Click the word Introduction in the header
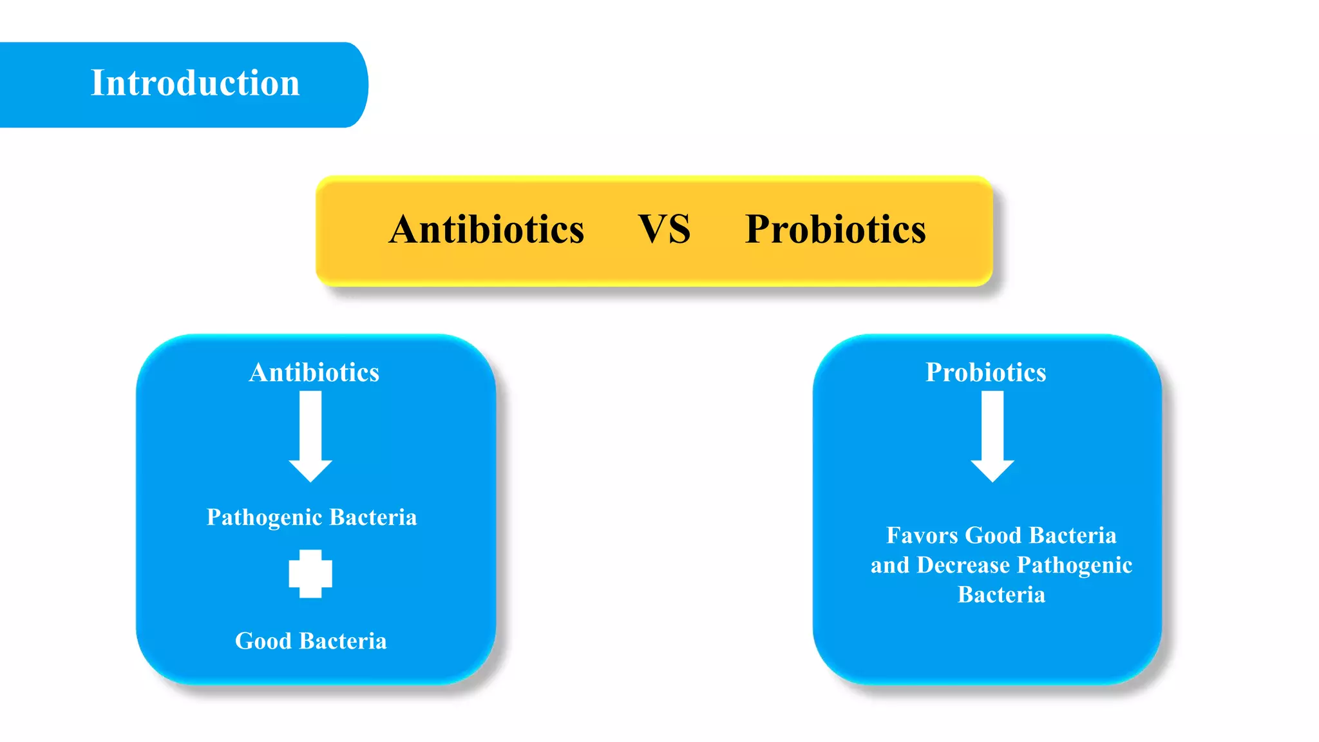click(x=195, y=83)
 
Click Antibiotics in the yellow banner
click(x=486, y=229)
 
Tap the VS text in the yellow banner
click(x=664, y=229)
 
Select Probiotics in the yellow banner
click(x=835, y=229)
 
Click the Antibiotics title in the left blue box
click(x=314, y=372)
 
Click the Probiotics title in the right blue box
click(x=985, y=372)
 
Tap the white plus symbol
click(x=310, y=573)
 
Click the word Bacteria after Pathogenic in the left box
click(x=374, y=517)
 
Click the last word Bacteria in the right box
click(x=1001, y=595)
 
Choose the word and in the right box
click(x=890, y=565)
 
